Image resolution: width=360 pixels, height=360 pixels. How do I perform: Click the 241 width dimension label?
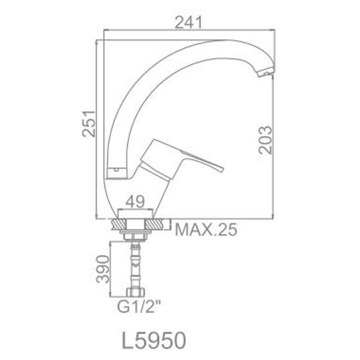(x=188, y=22)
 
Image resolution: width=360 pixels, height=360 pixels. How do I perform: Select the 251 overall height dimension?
(x=89, y=124)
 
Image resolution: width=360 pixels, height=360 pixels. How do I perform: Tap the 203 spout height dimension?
(x=265, y=140)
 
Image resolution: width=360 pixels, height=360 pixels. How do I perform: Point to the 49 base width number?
(x=135, y=202)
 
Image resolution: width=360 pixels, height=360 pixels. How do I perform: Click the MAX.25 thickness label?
(x=206, y=230)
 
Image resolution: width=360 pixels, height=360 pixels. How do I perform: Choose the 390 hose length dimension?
(x=103, y=269)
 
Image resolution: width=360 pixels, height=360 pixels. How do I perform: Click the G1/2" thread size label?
(x=139, y=307)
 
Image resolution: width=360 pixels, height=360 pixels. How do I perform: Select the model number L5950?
(x=154, y=341)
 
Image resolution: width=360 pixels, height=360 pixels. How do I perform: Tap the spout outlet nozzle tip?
(x=266, y=73)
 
